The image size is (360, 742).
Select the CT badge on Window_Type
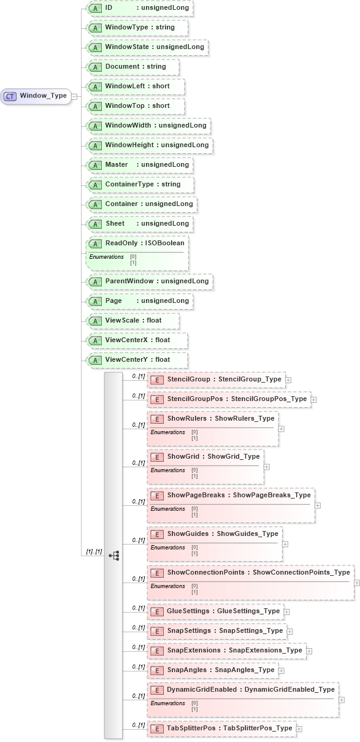coord(10,96)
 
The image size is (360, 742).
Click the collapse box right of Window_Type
coord(74,96)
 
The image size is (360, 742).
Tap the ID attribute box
coord(139,8)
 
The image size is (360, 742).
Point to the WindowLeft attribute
coord(136,86)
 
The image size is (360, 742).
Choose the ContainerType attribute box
coord(140,184)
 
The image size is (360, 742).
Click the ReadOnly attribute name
coord(121,243)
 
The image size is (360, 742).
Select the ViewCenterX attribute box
coord(137,340)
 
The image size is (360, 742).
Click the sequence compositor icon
coord(113,555)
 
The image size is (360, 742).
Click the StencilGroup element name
coord(188,380)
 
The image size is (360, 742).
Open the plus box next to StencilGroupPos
coord(313,400)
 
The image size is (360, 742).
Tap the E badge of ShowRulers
coord(157,419)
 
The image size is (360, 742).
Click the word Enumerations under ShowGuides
coord(167,547)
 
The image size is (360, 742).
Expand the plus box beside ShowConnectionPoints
coord(357,581)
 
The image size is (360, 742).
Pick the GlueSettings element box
coord(215,611)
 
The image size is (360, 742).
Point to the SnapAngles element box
coord(212,670)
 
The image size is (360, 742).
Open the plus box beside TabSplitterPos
coord(299,729)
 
